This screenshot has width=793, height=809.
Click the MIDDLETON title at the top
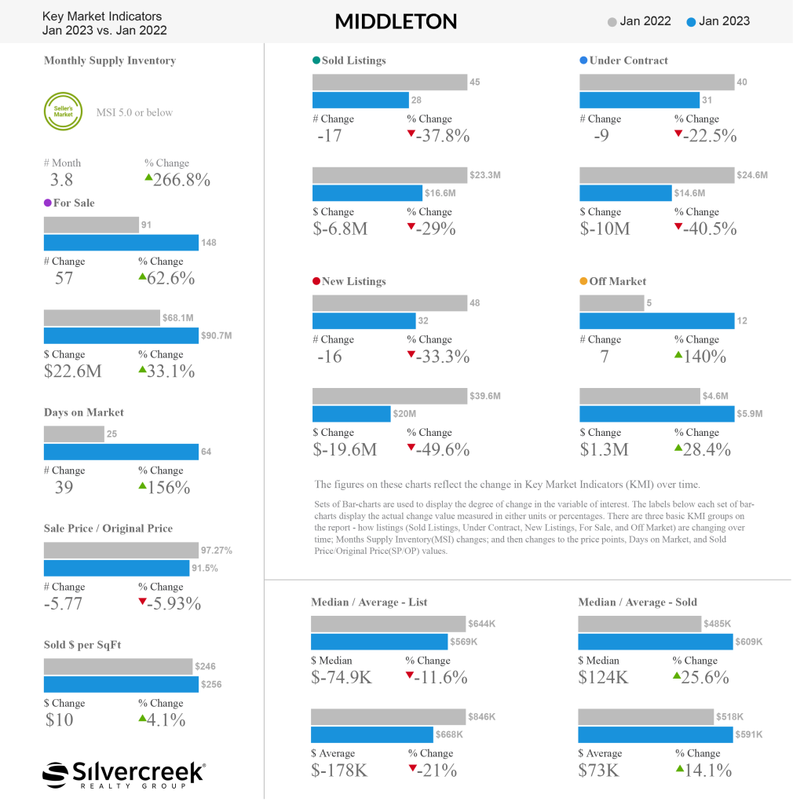(x=396, y=22)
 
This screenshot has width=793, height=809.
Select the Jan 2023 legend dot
(x=691, y=22)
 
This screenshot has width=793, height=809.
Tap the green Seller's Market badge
(x=63, y=112)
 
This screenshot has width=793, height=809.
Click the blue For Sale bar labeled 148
(x=121, y=243)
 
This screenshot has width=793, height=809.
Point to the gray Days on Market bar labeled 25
(x=74, y=434)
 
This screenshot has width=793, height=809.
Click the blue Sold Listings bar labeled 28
(x=360, y=100)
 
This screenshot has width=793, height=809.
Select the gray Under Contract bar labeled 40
(x=657, y=82)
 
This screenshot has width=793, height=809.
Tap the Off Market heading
(x=618, y=281)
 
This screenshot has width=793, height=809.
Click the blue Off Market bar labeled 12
(x=657, y=321)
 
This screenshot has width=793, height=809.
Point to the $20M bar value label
(x=404, y=414)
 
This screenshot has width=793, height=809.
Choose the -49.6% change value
(x=443, y=449)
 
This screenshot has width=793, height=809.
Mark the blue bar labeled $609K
(x=656, y=642)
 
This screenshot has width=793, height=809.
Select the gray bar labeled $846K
(x=388, y=716)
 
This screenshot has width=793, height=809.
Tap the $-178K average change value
(x=339, y=771)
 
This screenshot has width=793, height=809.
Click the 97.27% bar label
(x=217, y=551)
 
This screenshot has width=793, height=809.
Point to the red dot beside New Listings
(x=316, y=281)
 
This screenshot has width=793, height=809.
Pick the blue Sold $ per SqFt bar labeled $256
(x=121, y=685)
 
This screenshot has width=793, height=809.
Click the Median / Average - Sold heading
(x=638, y=602)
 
